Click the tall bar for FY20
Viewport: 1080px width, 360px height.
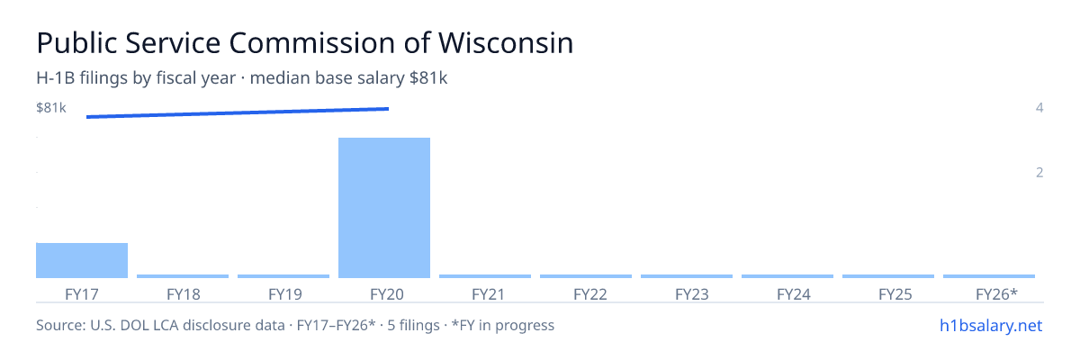click(384, 208)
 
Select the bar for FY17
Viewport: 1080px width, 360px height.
click(82, 260)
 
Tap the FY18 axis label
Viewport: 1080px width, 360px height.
click(184, 294)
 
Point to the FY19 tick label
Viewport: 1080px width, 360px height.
click(285, 294)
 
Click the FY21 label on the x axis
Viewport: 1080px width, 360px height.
click(488, 294)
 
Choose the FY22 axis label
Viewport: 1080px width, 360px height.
click(590, 294)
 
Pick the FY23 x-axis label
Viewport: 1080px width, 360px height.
click(692, 294)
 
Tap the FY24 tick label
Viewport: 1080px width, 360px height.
click(794, 294)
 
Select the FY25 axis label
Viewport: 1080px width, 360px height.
click(895, 294)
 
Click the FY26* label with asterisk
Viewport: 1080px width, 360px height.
click(996, 294)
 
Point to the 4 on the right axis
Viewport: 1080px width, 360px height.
click(1039, 107)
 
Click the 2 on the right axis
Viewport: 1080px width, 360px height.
click(1039, 173)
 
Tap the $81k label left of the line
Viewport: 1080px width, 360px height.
click(51, 107)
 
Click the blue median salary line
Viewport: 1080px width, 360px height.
click(238, 112)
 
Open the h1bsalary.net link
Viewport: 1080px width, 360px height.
click(991, 326)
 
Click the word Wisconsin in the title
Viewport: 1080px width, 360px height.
click(506, 43)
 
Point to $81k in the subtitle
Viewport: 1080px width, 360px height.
click(428, 78)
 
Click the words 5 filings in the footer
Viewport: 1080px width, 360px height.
click(414, 326)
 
